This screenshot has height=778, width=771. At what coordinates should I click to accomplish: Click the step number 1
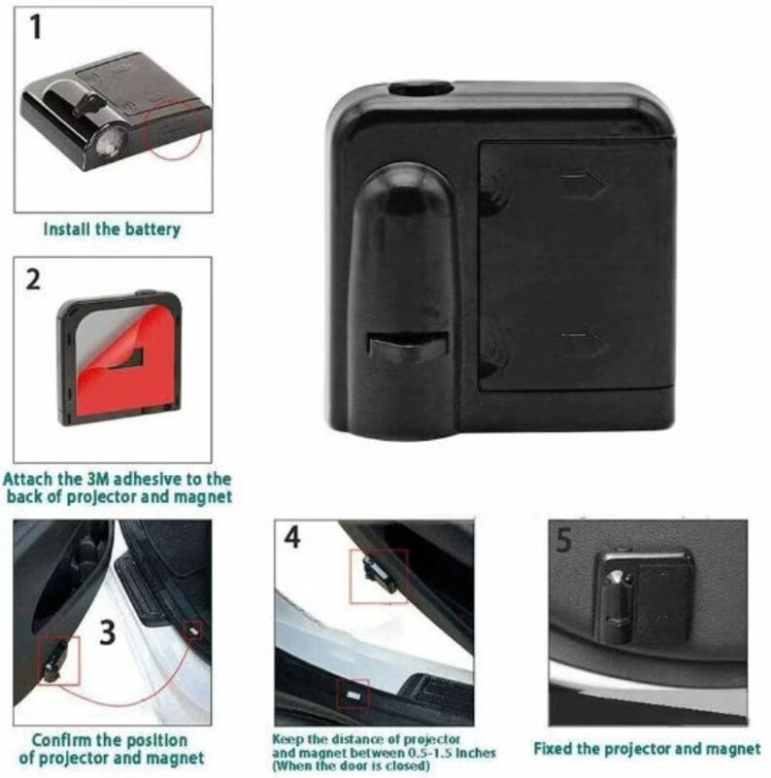pyautogui.click(x=35, y=27)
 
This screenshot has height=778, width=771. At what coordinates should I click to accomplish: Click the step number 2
pyautogui.click(x=33, y=280)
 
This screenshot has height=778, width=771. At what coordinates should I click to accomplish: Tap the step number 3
pyautogui.click(x=108, y=632)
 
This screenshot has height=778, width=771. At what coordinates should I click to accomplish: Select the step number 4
pyautogui.click(x=292, y=537)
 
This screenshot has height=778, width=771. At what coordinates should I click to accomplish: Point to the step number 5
pyautogui.click(x=564, y=540)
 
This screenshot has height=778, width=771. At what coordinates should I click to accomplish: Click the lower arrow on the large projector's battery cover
pyautogui.click(x=584, y=345)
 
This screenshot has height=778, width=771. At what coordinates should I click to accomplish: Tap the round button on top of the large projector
pyautogui.click(x=421, y=88)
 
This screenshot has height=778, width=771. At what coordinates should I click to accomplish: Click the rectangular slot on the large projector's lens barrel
pyautogui.click(x=408, y=346)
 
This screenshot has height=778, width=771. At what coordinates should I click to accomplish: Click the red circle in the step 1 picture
pyautogui.click(x=172, y=130)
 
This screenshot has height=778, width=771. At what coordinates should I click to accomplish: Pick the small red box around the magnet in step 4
pyautogui.click(x=352, y=693)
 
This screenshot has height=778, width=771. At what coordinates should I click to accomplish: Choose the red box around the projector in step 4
pyautogui.click(x=380, y=576)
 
